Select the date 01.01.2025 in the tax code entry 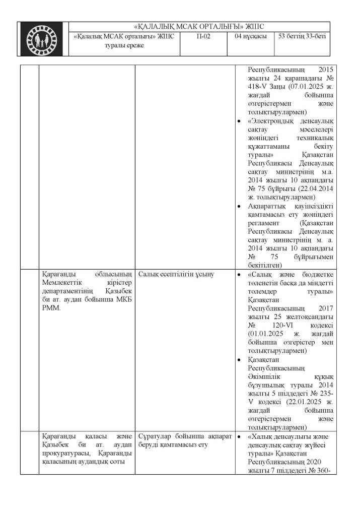pos(268,334)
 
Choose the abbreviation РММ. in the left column pos(51,308)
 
